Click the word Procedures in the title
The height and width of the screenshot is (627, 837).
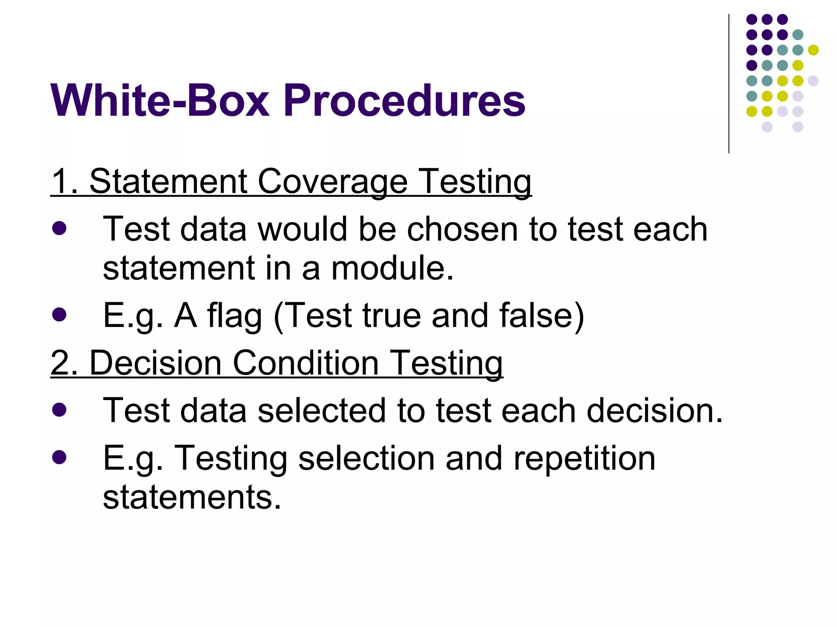[x=404, y=100]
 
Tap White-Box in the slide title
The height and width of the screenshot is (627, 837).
[x=160, y=100]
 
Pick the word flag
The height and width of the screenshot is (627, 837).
[x=234, y=316]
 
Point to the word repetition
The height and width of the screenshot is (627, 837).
[x=584, y=458]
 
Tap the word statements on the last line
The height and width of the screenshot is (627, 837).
[x=192, y=498]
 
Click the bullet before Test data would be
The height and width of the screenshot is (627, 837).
[x=60, y=229]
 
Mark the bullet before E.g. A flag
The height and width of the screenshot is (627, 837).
[x=60, y=315]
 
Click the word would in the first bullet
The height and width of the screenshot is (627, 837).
[x=302, y=229]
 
